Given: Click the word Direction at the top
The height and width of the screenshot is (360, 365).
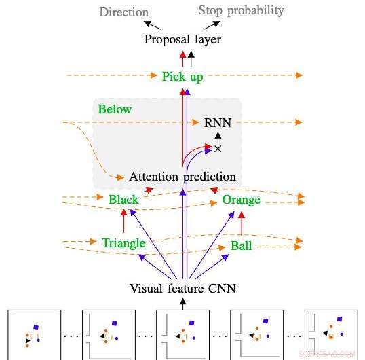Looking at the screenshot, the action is click(x=124, y=12).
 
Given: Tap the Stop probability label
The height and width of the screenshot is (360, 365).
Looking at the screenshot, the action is click(x=241, y=11).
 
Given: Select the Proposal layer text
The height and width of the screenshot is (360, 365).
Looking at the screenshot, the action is click(x=182, y=39).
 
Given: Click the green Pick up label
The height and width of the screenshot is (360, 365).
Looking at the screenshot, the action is click(x=182, y=77).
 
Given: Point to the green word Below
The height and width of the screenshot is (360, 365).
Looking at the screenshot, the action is click(x=115, y=109).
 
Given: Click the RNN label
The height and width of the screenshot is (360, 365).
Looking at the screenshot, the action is click(x=218, y=122).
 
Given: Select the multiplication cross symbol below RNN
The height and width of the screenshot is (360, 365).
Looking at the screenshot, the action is click(x=218, y=149).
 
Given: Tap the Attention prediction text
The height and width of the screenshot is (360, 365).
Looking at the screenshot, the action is click(x=182, y=177).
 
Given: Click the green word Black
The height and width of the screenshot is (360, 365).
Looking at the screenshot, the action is click(x=123, y=200).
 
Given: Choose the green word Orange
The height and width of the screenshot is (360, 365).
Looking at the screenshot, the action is click(x=241, y=200).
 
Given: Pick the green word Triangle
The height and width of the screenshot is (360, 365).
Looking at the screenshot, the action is click(x=123, y=243).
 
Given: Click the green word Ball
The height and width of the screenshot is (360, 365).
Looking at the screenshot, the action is click(x=241, y=246).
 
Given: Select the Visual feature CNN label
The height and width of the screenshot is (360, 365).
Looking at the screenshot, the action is click(x=182, y=289).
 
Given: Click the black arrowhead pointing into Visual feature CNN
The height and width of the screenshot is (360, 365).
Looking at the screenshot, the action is click(x=183, y=301).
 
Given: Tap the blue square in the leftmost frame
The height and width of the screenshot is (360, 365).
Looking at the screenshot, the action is click(x=35, y=327).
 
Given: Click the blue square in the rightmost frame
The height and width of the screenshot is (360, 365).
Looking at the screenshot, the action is click(x=340, y=319).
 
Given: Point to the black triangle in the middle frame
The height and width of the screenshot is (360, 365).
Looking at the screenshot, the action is click(x=178, y=336).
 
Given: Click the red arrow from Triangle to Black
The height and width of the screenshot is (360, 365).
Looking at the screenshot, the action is click(x=124, y=221).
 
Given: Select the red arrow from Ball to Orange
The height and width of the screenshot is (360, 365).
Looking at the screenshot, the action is click(x=242, y=223).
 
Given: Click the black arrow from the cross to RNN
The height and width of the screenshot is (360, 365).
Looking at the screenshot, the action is click(x=218, y=138).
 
